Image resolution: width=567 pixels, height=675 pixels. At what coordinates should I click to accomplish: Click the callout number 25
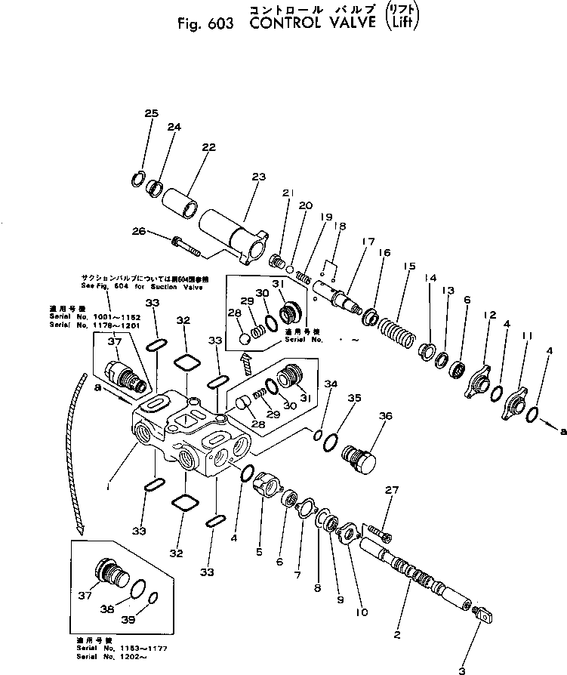[151, 113]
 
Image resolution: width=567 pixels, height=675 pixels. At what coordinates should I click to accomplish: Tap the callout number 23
[258, 177]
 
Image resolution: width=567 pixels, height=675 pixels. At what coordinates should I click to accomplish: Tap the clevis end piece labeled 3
[485, 612]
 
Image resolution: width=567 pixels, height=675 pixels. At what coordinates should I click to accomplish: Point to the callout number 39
[152, 621]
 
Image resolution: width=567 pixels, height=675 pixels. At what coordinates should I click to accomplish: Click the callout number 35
[353, 397]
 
